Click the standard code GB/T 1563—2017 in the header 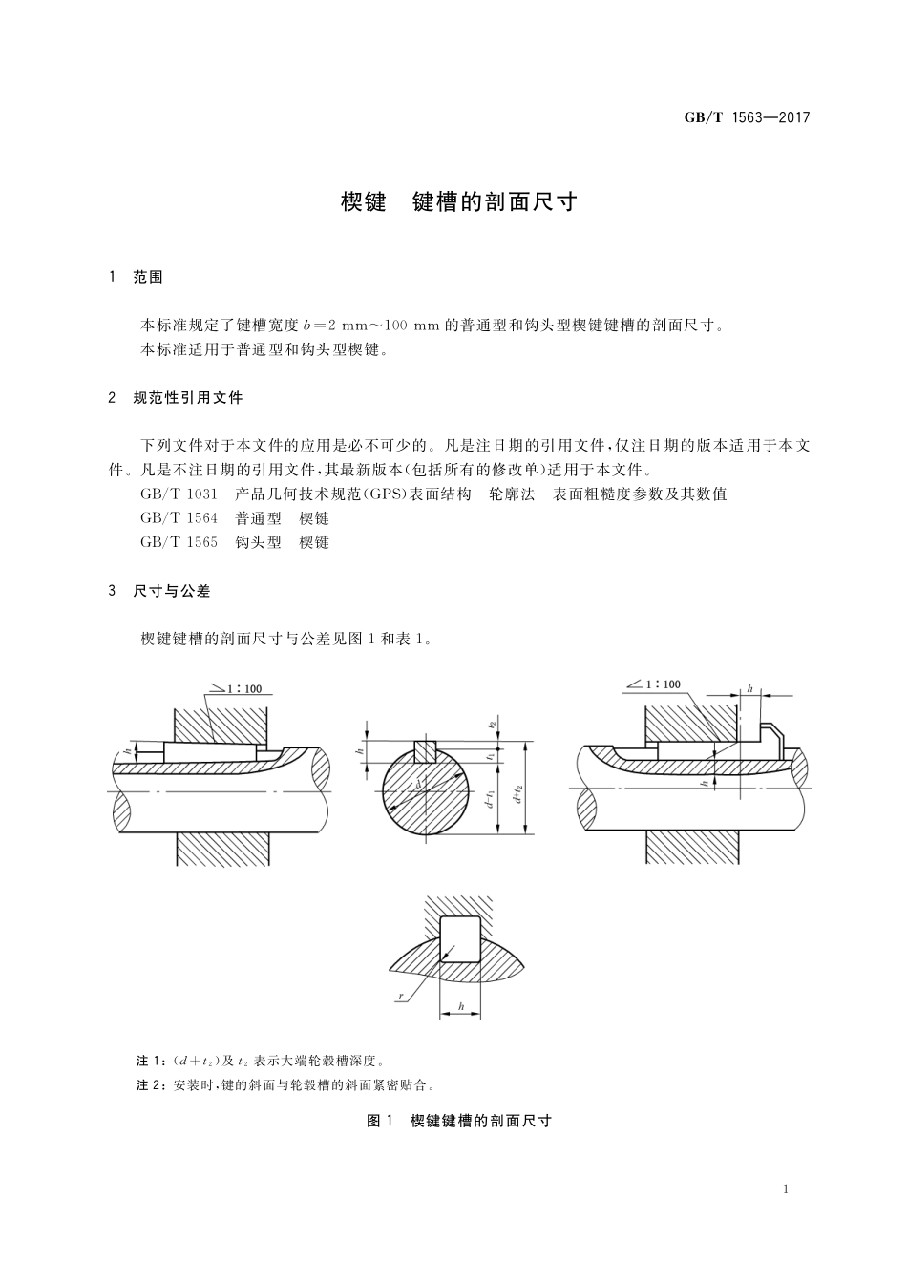point(747,117)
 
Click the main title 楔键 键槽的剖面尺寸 point(459,202)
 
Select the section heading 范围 point(148,277)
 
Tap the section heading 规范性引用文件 point(188,397)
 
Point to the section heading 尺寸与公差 point(172,591)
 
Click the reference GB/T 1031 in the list point(179,494)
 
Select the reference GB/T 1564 point(179,518)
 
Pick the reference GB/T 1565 point(179,542)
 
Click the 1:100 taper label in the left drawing point(251,688)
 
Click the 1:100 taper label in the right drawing point(663,684)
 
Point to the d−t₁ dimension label point(489,798)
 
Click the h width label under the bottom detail point(461,1006)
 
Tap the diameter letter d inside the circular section point(418,786)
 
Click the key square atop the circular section point(425,751)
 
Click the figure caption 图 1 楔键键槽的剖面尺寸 point(459,1121)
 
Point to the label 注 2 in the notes point(151,1085)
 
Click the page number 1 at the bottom point(785,1189)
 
